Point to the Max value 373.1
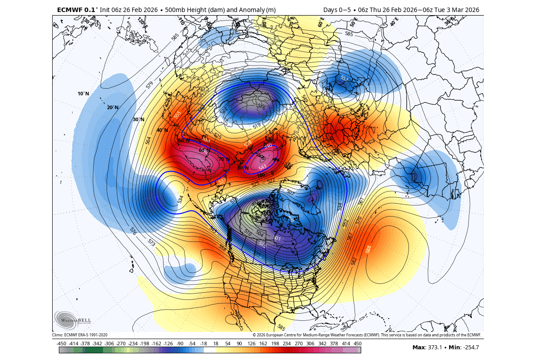click(x=437, y=348)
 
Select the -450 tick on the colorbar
click(x=62, y=343)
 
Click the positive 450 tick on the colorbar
click(x=358, y=343)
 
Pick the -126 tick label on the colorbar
click(x=168, y=343)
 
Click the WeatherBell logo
click(x=73, y=319)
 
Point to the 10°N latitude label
click(x=83, y=94)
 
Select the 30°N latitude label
click(x=139, y=119)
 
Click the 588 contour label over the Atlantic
click(x=369, y=249)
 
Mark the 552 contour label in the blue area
click(x=344, y=78)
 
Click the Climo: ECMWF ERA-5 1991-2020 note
click(x=80, y=335)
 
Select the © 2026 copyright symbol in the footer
click(x=254, y=335)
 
